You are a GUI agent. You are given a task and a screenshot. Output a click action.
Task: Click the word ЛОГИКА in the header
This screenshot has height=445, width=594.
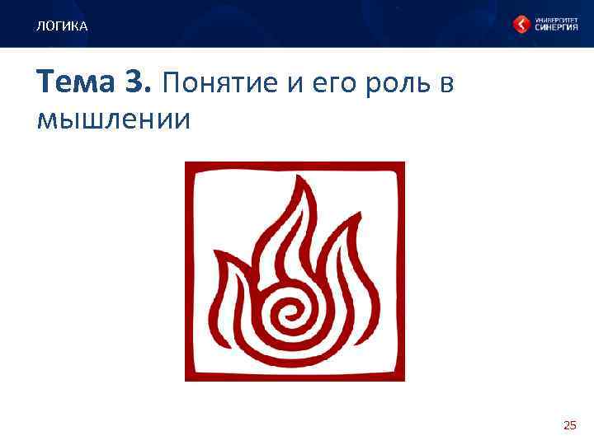click(x=61, y=27)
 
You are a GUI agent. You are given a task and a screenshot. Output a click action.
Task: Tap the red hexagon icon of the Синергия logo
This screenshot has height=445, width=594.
click(x=522, y=25)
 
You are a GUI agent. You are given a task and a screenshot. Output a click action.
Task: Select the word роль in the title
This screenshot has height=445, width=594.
click(x=384, y=84)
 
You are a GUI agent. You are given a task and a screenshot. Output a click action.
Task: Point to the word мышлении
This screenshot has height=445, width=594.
click(x=114, y=119)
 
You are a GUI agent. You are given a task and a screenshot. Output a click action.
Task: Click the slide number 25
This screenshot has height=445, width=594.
click(x=569, y=425)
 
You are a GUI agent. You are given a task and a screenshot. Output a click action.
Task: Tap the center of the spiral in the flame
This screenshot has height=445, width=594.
click(x=290, y=312)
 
